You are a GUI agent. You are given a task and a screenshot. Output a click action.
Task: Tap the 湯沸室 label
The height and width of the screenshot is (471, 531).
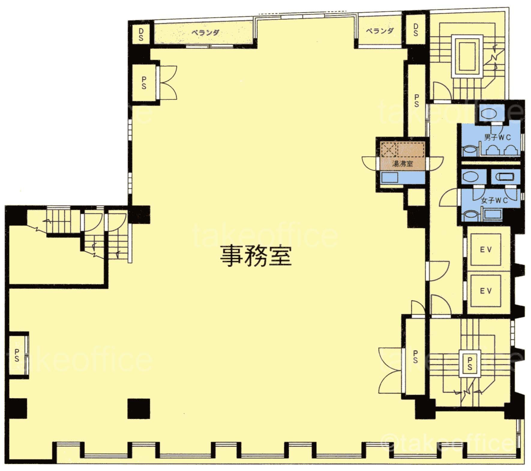[x=402, y=164]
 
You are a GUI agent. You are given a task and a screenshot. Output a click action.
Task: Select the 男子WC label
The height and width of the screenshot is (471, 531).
[x=497, y=137]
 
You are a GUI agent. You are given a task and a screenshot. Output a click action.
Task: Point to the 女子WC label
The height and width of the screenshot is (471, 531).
[x=494, y=200]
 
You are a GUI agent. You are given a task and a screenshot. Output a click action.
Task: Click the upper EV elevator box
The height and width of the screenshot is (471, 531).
[x=486, y=250]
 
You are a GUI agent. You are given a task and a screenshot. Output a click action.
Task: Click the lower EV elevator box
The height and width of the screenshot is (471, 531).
[x=486, y=290]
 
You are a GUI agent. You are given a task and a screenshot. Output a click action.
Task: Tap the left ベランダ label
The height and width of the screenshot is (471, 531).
[x=205, y=32]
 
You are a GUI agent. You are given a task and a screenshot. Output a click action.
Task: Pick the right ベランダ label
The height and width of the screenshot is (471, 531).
[x=379, y=31]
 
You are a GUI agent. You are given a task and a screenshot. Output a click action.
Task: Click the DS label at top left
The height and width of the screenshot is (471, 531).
[x=141, y=34]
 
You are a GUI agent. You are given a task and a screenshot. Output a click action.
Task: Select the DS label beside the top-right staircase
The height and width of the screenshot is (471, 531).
[x=415, y=30]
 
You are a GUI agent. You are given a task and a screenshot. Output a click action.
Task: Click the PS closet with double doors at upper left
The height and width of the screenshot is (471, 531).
[x=144, y=82]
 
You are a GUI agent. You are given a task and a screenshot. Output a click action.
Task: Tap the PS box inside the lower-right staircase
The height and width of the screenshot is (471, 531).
[x=470, y=363]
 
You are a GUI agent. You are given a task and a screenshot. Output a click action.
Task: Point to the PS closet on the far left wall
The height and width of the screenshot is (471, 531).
[x=17, y=355]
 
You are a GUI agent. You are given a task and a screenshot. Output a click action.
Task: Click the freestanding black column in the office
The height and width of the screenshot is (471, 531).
[x=139, y=408]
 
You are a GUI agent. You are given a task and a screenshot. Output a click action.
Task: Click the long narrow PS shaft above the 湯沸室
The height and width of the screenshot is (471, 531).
[x=416, y=100]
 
